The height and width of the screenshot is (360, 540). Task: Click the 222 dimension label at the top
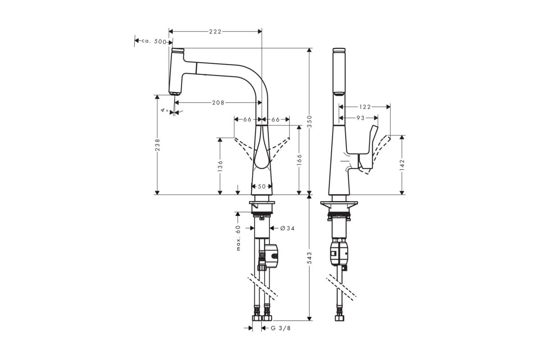point(215,31)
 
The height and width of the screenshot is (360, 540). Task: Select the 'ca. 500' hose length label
point(154,41)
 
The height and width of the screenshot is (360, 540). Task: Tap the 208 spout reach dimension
point(218,103)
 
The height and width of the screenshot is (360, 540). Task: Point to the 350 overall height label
point(310,121)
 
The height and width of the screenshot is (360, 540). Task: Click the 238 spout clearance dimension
point(157,145)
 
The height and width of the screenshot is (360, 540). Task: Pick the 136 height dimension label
point(220,166)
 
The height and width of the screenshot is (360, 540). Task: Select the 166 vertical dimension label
point(299,160)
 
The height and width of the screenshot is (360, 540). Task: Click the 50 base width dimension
point(262,186)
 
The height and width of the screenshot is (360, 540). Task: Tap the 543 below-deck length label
point(310,257)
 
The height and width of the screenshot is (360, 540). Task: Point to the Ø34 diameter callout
point(288,228)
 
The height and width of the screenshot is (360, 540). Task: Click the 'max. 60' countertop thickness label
point(238,238)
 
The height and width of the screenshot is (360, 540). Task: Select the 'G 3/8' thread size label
point(281,328)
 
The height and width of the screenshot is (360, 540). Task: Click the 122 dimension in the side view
point(365,107)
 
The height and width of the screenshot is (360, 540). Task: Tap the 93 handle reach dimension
point(360,118)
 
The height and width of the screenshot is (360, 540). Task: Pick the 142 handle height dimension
point(402,165)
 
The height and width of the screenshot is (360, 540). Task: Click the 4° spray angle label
point(165,110)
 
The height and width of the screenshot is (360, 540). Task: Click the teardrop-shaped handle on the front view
point(261,148)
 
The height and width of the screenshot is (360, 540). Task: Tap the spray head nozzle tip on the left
point(175,94)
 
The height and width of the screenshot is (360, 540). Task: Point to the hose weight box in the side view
point(339,254)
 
